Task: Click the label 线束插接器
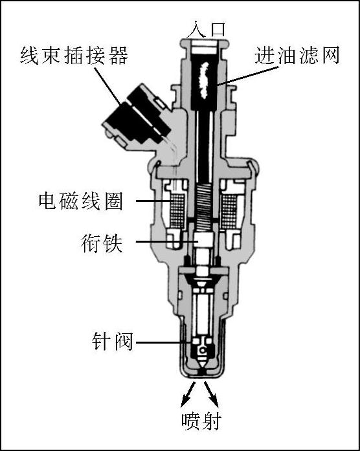(74, 56)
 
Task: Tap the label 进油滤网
(297, 55)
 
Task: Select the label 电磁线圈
(80, 201)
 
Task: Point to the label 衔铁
(102, 243)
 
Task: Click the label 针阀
(112, 342)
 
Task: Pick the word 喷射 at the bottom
(201, 421)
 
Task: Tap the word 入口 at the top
(205, 29)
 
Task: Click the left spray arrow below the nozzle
(188, 394)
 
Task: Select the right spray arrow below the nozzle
(211, 394)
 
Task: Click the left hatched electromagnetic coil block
(177, 210)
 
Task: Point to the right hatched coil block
(229, 210)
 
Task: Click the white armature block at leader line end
(203, 239)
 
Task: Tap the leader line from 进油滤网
(248, 76)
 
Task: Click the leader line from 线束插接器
(107, 85)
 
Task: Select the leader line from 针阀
(163, 342)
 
